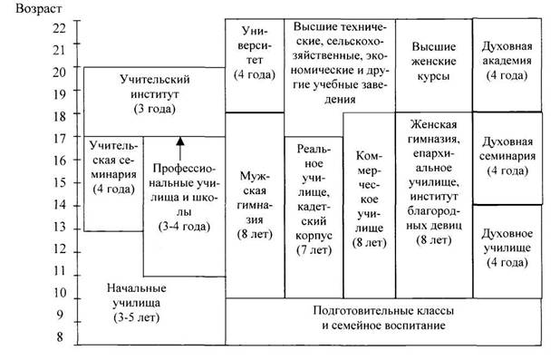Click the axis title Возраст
pos(39,8)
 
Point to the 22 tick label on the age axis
pos(59,27)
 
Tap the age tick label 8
pos(60,336)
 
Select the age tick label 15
pos(60,182)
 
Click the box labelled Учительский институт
pos(154,102)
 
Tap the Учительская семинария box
pos(113,184)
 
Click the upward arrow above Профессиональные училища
pos(180,149)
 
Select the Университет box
pos(255,65)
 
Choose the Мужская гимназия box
pos(255,205)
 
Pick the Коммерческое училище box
pos(370,205)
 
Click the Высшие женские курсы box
pos(434,65)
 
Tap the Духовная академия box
pos(507,65)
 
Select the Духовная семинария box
pos(507,159)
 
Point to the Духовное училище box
pos(507,252)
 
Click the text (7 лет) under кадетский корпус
pos(314,250)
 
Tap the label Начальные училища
pos(137,296)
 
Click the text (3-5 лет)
pos(137,317)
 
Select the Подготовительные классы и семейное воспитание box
pos(383,321)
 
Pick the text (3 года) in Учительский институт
pos(155,109)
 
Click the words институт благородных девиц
pos(434,211)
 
